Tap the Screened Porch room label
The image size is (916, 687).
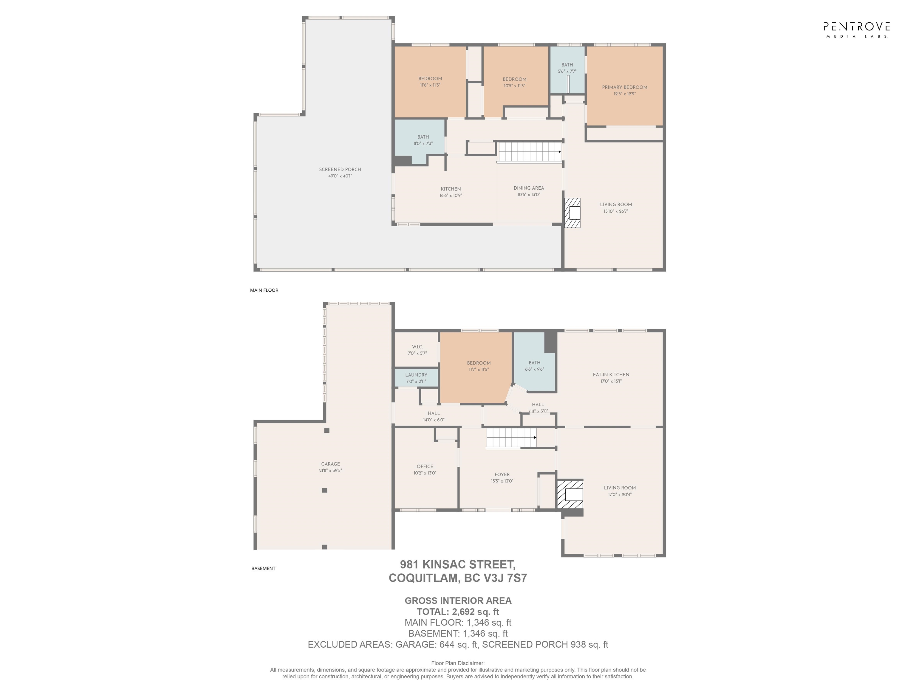pos(340,169)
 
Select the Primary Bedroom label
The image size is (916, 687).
pos(624,87)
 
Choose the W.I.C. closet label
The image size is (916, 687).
pos(417,346)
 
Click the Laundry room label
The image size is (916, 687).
pos(416,375)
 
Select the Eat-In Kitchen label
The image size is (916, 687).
pos(611,374)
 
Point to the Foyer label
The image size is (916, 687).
pos(502,475)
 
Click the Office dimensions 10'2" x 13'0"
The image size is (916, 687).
pos(425,473)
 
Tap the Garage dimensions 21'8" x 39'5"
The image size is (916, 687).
pos(330,471)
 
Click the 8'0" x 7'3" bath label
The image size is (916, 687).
pos(423,144)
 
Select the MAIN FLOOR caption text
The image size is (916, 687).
pos(264,290)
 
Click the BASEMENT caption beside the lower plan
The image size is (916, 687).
pos(263,569)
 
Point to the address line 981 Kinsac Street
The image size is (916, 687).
pos(458,564)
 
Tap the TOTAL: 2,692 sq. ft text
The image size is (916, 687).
pos(458,612)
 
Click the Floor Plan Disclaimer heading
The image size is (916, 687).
pos(458,663)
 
